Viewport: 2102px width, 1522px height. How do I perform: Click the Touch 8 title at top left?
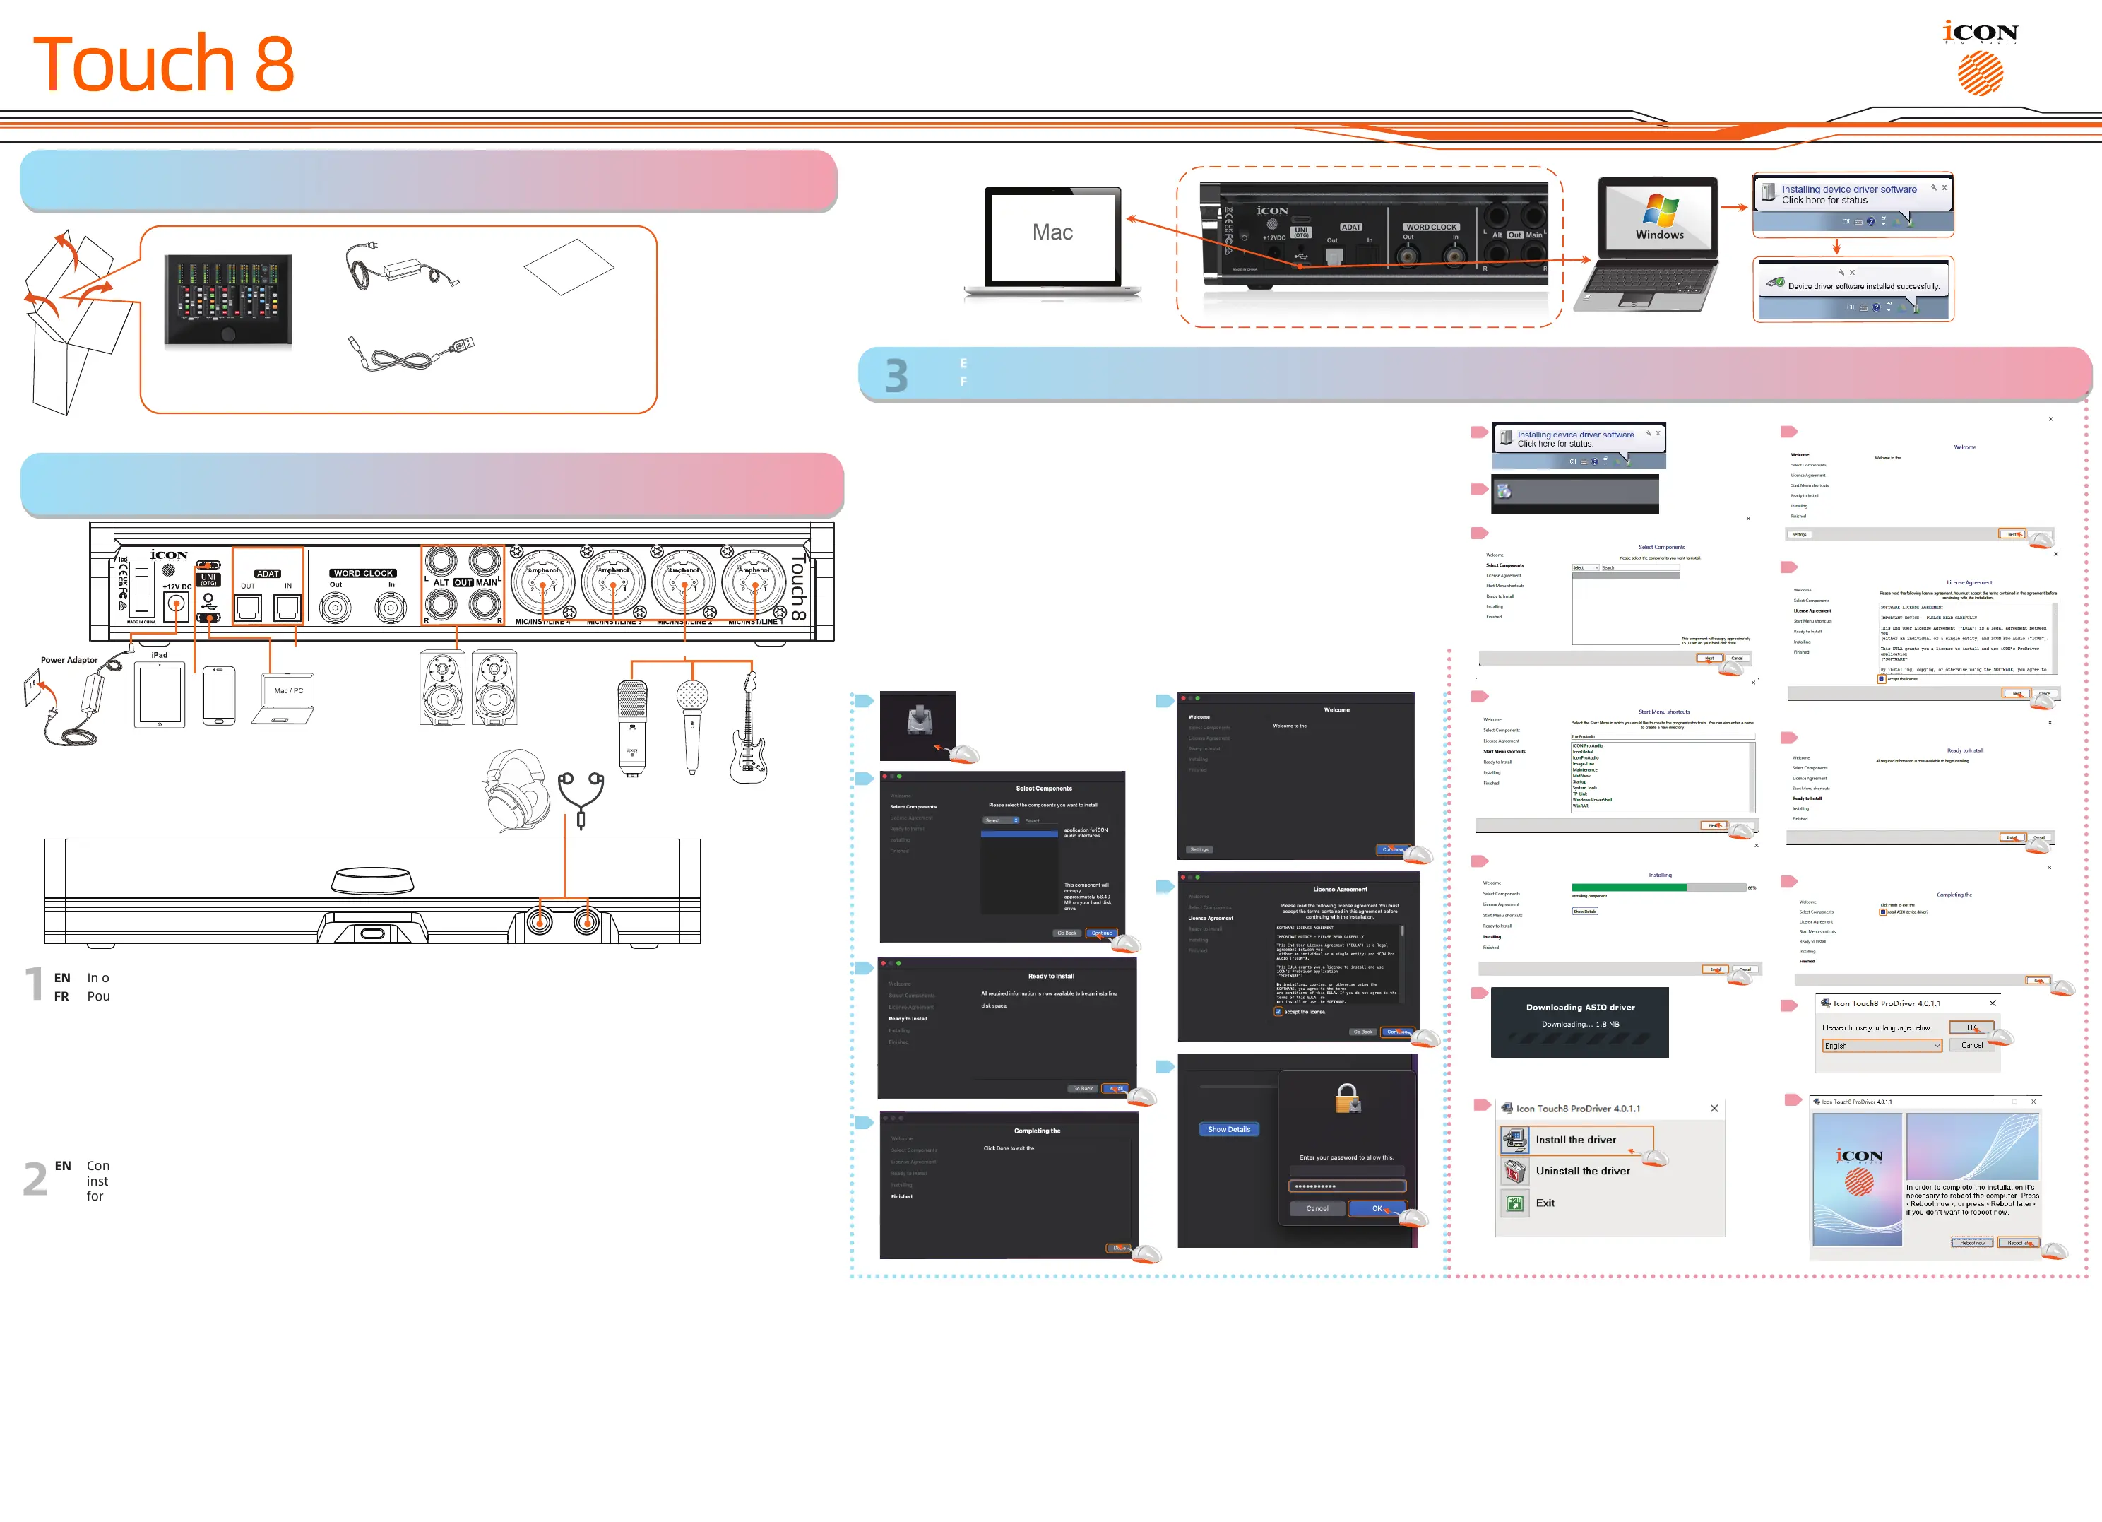[x=163, y=63]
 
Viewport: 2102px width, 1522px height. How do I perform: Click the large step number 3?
[x=896, y=375]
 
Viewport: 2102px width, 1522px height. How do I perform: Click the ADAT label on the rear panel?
[x=268, y=574]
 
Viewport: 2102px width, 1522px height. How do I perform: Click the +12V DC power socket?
[x=176, y=607]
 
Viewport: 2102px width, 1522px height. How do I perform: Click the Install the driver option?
[x=1576, y=1140]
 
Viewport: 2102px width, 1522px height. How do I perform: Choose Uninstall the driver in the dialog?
[x=1582, y=1171]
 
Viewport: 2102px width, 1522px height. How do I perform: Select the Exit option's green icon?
[x=1514, y=1203]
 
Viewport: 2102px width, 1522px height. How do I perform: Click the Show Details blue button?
[x=1228, y=1129]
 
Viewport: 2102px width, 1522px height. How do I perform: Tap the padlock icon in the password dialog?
[x=1347, y=1099]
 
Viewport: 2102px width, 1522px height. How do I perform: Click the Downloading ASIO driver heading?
[x=1580, y=1008]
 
